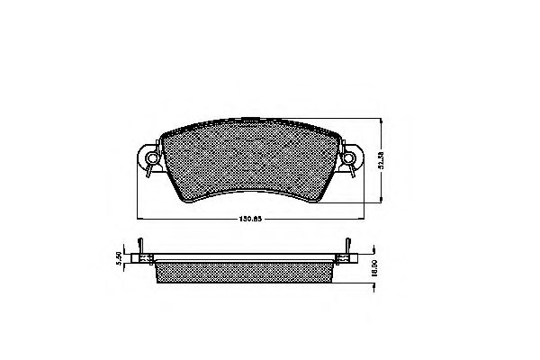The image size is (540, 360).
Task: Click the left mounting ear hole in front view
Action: point(151,162)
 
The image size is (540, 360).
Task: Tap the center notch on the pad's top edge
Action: point(250,119)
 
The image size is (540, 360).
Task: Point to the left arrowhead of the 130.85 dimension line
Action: point(139,215)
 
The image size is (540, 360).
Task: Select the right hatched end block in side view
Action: point(343,259)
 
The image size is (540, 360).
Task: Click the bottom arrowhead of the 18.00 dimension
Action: point(373,285)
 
